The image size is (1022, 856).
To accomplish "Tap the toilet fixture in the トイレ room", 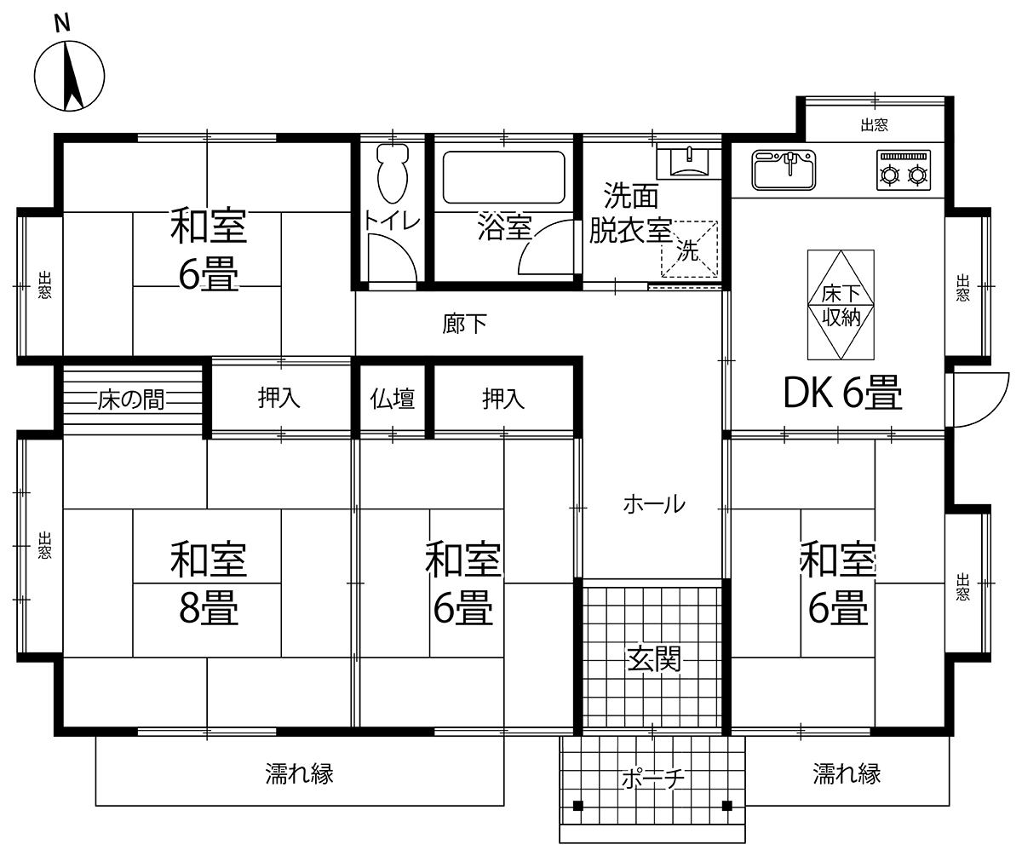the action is pyautogui.click(x=393, y=173).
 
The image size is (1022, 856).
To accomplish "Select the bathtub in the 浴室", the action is pyautogui.click(x=503, y=177).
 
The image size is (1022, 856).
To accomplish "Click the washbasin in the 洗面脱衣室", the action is pyautogui.click(x=689, y=161).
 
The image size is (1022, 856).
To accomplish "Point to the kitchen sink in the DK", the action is pyautogui.click(x=784, y=169).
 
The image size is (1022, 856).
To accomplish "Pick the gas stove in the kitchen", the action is pyautogui.click(x=904, y=169).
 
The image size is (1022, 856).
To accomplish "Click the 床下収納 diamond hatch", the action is pyautogui.click(x=841, y=305).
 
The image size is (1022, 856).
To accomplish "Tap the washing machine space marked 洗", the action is pyautogui.click(x=689, y=249).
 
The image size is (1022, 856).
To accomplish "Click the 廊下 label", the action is pyautogui.click(x=464, y=324).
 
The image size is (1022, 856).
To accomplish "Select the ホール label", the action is pyautogui.click(x=654, y=504).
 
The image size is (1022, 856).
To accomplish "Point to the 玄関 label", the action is pyautogui.click(x=654, y=658).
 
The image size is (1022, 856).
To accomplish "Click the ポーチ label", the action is pyautogui.click(x=653, y=777).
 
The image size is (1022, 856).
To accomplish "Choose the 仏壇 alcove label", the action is pyautogui.click(x=393, y=399).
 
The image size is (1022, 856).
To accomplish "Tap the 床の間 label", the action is pyautogui.click(x=130, y=399).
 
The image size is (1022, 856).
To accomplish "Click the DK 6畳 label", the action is pyautogui.click(x=843, y=393).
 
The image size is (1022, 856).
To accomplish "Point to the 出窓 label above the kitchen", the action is pyautogui.click(x=874, y=125).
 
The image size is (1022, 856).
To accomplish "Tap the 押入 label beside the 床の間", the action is pyautogui.click(x=279, y=398).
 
